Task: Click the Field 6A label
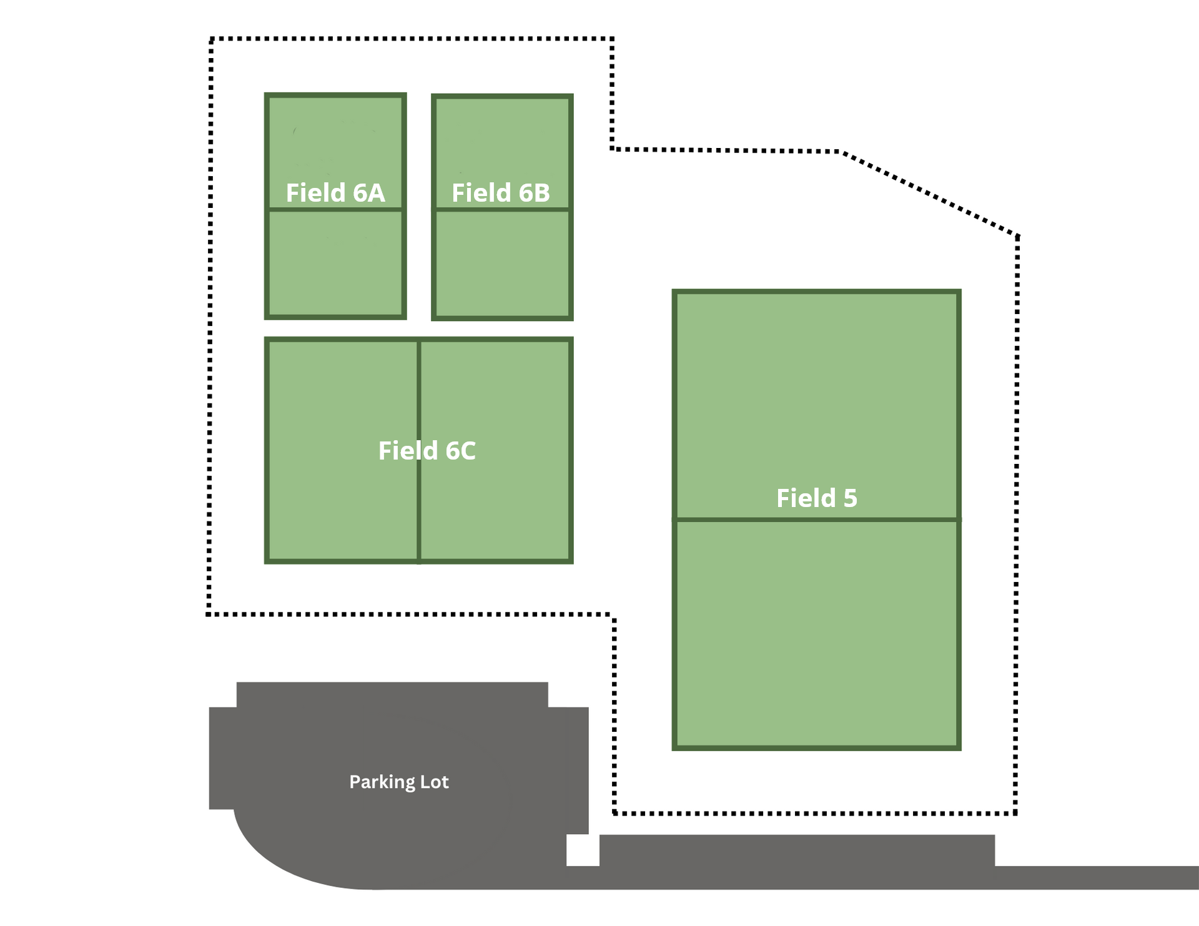pos(335,193)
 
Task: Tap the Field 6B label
pos(501,193)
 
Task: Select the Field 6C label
pos(427,451)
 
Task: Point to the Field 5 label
pos(817,498)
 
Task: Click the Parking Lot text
pos(399,782)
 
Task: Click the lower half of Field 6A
pos(335,263)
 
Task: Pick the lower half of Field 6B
pos(503,264)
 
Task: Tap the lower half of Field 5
pos(816,633)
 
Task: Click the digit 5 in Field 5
pos(851,499)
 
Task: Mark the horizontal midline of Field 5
pos(816,520)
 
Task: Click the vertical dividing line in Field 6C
pos(418,451)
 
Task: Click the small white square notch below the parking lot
pos(583,850)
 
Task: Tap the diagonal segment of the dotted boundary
pos(931,194)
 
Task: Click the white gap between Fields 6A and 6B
pos(419,207)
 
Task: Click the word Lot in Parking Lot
pos(433,782)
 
